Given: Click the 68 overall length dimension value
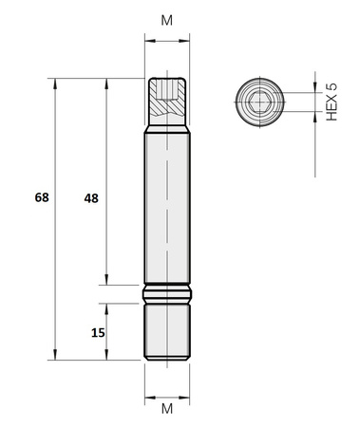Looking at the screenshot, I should [41, 198].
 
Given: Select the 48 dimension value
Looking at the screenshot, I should [91, 198].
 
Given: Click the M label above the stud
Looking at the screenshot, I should [167, 20].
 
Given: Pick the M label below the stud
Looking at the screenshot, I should [167, 409].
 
